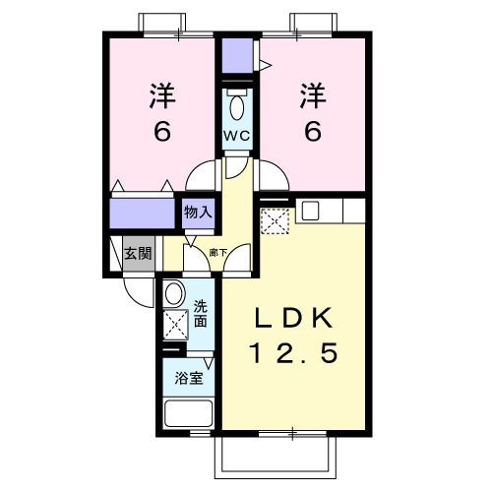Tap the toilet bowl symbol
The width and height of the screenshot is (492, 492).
coord(236,106)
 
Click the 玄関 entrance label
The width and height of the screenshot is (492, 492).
coord(138,253)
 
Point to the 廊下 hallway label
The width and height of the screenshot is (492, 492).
coord(218,253)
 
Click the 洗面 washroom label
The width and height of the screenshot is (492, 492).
coord(200,314)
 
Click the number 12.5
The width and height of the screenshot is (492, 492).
coord(294,353)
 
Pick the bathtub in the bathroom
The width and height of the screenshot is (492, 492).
coord(186,413)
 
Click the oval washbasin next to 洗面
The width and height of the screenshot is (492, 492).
coord(174,292)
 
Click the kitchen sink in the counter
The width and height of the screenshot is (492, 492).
coord(310,210)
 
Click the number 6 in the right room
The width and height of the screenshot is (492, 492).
coord(312,130)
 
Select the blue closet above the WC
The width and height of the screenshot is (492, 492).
coord(236,57)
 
